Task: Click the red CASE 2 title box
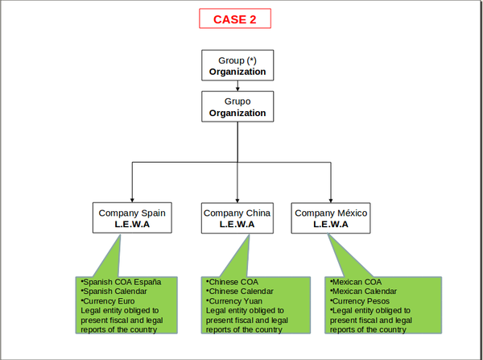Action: pyautogui.click(x=235, y=19)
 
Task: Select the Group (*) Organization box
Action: pyautogui.click(x=237, y=66)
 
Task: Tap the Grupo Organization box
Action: pyautogui.click(x=237, y=107)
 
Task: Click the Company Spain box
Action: pyautogui.click(x=132, y=218)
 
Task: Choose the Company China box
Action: pyautogui.click(x=237, y=218)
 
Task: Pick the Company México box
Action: pyautogui.click(x=331, y=218)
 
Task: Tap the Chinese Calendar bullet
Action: pyautogui.click(x=239, y=292)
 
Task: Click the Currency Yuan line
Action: pyautogui.click(x=233, y=301)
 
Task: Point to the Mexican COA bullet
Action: pyautogui.click(x=356, y=282)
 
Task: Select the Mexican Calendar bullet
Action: pyautogui.click(x=364, y=292)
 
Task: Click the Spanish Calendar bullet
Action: pyautogui.click(x=114, y=292)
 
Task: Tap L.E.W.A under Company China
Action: pyautogui.click(x=237, y=225)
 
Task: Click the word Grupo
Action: pyautogui.click(x=237, y=101)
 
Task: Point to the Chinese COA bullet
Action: pyautogui.click(x=230, y=282)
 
